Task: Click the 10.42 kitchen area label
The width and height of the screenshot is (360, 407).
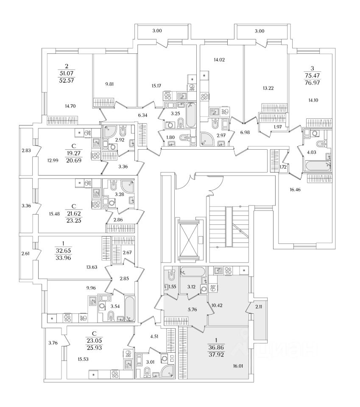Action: (x=217, y=305)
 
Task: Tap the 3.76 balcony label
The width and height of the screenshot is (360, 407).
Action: (x=53, y=343)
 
